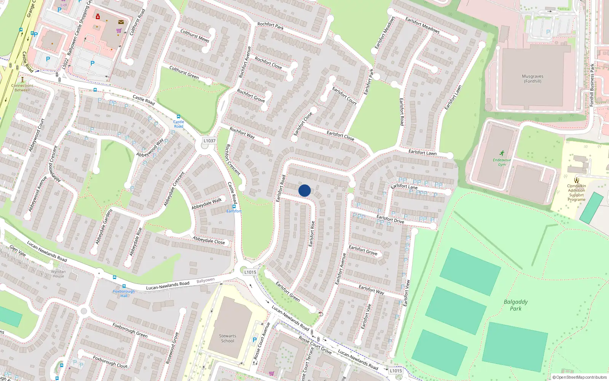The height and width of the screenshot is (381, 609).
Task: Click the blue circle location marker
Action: (x=304, y=190)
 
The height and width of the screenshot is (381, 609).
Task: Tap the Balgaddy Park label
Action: (x=516, y=305)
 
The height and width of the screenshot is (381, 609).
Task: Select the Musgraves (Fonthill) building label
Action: (x=532, y=78)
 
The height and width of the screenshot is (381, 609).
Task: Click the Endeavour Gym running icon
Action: (x=502, y=153)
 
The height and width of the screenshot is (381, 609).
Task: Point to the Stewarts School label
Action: (x=228, y=338)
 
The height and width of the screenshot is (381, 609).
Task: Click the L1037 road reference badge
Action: (x=209, y=141)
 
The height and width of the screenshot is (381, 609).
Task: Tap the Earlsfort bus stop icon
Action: (x=234, y=206)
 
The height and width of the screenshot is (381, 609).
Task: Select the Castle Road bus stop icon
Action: (x=179, y=117)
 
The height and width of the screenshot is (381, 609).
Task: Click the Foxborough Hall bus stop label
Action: (x=124, y=293)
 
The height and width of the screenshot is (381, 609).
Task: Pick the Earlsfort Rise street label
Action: (x=312, y=234)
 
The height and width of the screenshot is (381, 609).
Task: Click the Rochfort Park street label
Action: (x=271, y=26)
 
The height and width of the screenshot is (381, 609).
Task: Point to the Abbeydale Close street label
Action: (x=209, y=240)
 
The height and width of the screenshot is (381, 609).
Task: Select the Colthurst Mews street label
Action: (x=194, y=36)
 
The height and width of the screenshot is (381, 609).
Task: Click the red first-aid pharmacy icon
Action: (x=98, y=16)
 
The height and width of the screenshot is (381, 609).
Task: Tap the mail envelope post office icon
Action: (x=121, y=22)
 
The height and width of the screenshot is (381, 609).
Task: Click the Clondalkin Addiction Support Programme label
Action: (x=577, y=192)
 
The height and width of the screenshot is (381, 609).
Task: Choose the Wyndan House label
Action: (x=58, y=274)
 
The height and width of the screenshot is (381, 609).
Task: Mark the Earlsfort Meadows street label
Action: (x=422, y=25)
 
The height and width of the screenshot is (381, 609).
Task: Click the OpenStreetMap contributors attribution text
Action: (x=580, y=377)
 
